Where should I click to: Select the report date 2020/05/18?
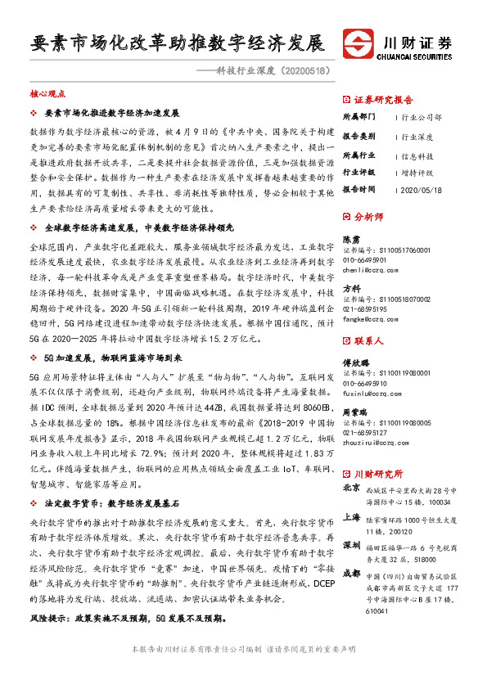pyautogui.click(x=423, y=188)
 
